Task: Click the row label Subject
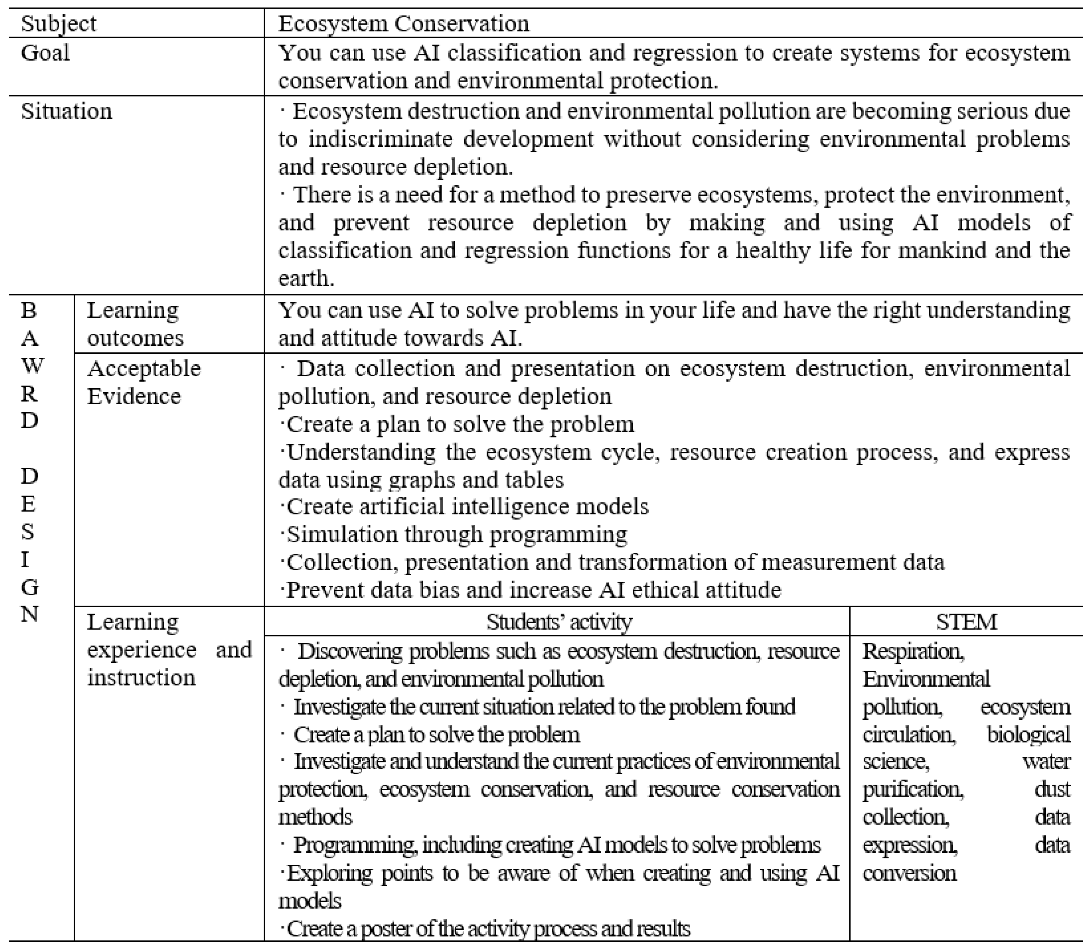click(59, 24)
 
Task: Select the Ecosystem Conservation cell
click(404, 24)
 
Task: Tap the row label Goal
click(45, 53)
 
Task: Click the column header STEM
click(966, 622)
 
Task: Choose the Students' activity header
click(559, 622)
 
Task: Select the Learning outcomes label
click(135, 324)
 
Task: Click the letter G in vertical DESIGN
click(30, 587)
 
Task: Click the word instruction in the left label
click(141, 677)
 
